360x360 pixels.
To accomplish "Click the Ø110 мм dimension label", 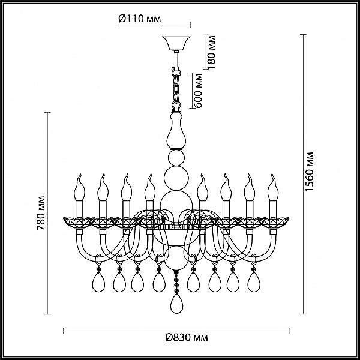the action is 140,19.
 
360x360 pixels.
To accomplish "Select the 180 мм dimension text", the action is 211,52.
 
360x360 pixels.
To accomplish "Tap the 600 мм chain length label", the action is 197,91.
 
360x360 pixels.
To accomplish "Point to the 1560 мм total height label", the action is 309,172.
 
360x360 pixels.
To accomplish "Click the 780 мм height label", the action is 41,213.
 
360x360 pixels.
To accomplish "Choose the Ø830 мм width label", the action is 187,337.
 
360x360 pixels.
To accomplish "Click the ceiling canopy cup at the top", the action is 176,43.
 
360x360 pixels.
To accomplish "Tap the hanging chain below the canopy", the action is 176,89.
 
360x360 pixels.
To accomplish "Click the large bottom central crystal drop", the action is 176,304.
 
